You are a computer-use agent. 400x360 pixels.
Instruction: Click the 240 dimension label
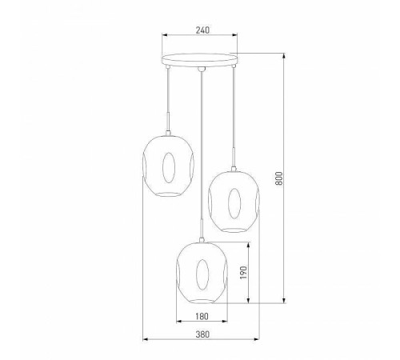click(x=202, y=30)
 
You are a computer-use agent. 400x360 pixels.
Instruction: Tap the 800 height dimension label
click(x=278, y=178)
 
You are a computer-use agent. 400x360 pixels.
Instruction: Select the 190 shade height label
click(x=243, y=272)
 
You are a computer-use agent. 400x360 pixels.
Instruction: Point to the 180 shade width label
click(x=202, y=316)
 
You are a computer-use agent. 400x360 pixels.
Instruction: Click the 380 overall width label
click(x=202, y=334)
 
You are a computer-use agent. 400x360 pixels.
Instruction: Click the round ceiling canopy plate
click(x=200, y=60)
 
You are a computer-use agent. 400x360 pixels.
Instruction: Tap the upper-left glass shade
click(x=168, y=166)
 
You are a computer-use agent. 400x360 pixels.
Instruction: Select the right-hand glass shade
click(x=234, y=202)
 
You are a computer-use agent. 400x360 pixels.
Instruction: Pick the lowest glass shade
click(x=202, y=273)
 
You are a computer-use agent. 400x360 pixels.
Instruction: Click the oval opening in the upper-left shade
click(x=169, y=167)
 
